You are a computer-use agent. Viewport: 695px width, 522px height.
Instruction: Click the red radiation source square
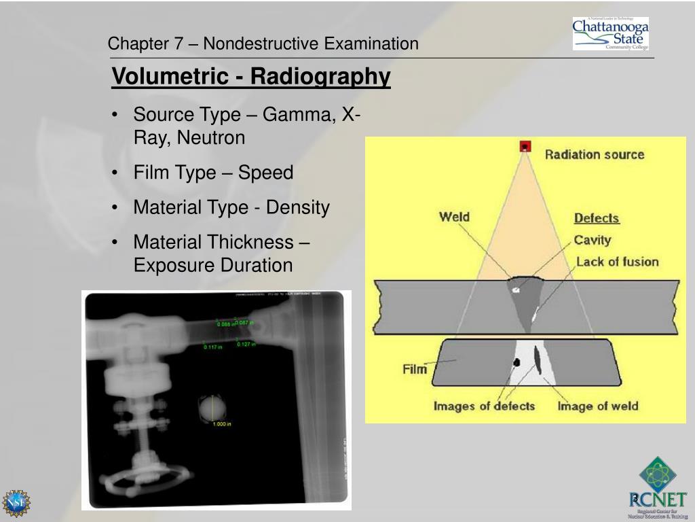pos(525,146)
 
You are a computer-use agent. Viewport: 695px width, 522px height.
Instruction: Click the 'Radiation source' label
pos(594,154)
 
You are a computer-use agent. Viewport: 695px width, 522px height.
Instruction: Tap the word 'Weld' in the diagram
pos(454,217)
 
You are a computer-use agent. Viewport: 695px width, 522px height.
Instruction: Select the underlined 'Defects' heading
pos(597,218)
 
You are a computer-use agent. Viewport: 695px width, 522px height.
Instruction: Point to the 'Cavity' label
pos(593,240)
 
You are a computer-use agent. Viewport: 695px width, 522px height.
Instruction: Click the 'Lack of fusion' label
pos(617,262)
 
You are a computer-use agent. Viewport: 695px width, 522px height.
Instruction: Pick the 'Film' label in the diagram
pos(415,369)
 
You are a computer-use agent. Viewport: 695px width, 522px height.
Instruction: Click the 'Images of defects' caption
pos(484,406)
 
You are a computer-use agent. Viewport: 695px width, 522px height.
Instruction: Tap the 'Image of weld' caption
pos(597,406)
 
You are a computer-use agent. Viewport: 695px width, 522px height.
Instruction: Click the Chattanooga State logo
pos(610,34)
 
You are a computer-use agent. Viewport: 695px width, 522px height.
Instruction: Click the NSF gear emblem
pos(16,503)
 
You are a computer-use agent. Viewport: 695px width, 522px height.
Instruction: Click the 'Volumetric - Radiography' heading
pos(251,77)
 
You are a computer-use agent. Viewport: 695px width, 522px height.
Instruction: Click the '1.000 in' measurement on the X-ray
pos(222,424)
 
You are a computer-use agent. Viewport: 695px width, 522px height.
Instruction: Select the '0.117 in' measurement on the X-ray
pos(213,347)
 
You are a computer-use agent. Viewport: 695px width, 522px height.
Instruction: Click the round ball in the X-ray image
pos(210,408)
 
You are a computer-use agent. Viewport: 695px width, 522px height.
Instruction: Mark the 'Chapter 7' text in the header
pos(145,44)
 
